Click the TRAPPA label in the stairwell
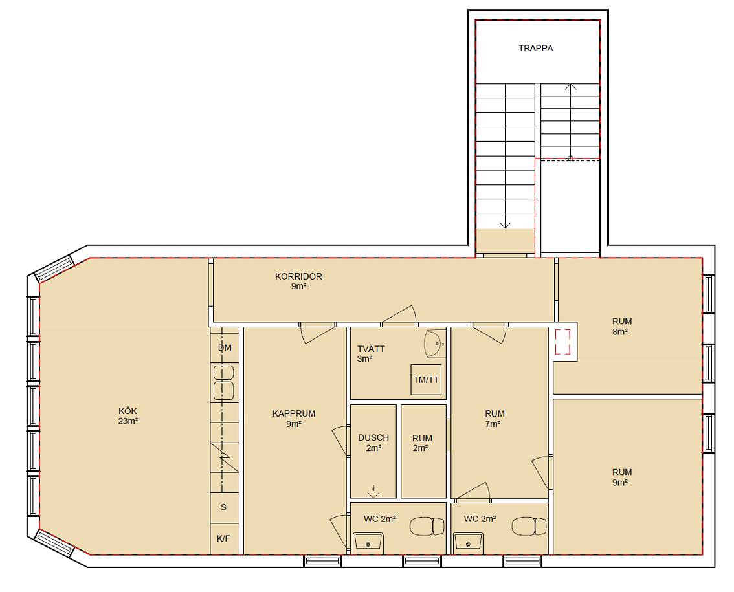535,48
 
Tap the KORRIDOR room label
298,276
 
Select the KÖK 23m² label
128,416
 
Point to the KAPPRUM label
293,413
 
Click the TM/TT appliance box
426,380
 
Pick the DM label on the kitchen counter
225,347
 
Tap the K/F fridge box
223,538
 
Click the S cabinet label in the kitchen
223,507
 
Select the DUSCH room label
373,437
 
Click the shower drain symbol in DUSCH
373,492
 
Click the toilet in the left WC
427,527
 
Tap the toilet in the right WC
529,527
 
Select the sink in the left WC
368,542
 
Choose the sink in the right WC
468,542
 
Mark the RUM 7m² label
494,419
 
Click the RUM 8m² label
621,326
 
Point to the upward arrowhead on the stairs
570,87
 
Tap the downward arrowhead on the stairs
505,225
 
